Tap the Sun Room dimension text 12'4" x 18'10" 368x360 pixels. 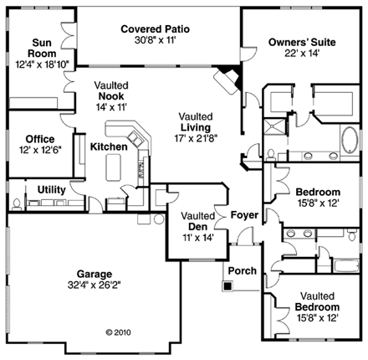point(43,54)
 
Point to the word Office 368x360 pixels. point(39,139)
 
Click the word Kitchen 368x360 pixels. point(109,147)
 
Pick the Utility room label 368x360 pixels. point(52,190)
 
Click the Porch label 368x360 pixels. point(242,270)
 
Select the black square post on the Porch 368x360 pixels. point(226,285)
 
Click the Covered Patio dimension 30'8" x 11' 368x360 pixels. point(155,39)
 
